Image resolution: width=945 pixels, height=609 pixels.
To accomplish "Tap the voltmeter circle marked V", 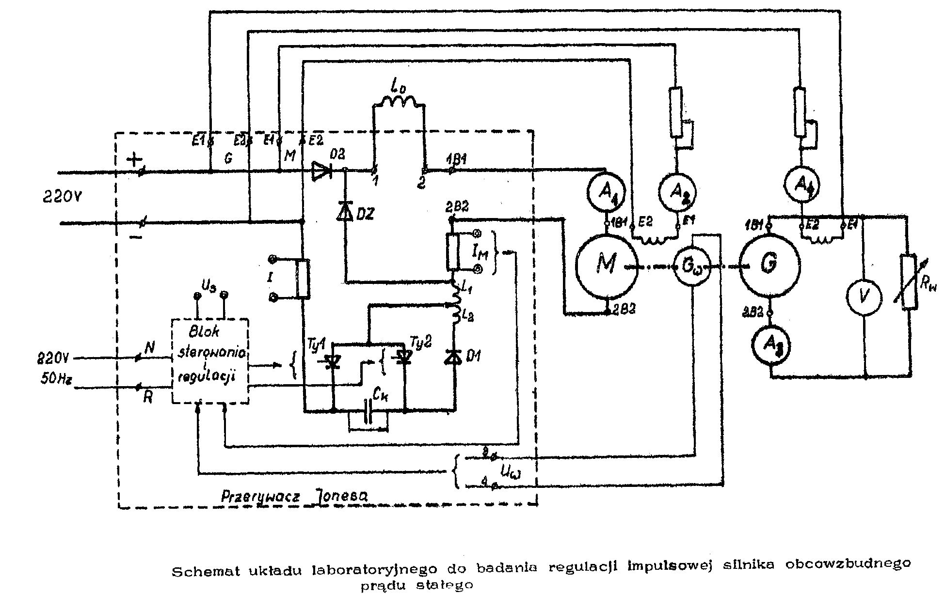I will pyautogui.click(x=864, y=297).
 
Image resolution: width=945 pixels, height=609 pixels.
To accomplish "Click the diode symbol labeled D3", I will pyautogui.click(x=322, y=170).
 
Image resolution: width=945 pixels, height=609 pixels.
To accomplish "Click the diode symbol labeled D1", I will pyautogui.click(x=454, y=358).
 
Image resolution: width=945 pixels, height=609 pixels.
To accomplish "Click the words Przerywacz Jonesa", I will pyautogui.click(x=294, y=496).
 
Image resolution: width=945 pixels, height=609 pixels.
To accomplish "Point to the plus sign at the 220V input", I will pyautogui.click(x=134, y=158).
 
